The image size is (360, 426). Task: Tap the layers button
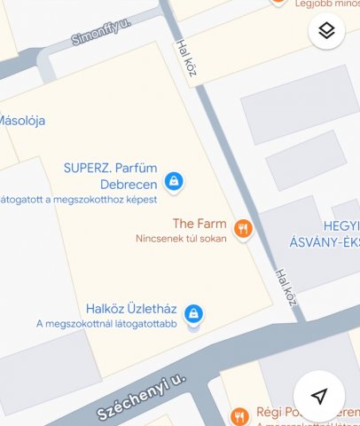pos(326,31)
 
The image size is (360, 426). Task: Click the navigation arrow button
pos(319,396)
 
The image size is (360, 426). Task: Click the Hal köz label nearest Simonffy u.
pos(186,57)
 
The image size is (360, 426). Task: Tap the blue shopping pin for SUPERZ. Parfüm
pos(175,181)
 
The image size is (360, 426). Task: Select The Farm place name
pos(200,225)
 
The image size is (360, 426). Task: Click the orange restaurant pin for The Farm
pos(243,230)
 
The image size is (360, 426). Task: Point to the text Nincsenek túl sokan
pos(181,239)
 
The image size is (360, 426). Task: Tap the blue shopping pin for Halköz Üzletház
pos(193,312)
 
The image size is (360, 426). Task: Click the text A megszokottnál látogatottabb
pos(106,324)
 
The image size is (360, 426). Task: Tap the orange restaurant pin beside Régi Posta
pos(239,415)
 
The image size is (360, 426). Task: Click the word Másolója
pos(22,121)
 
